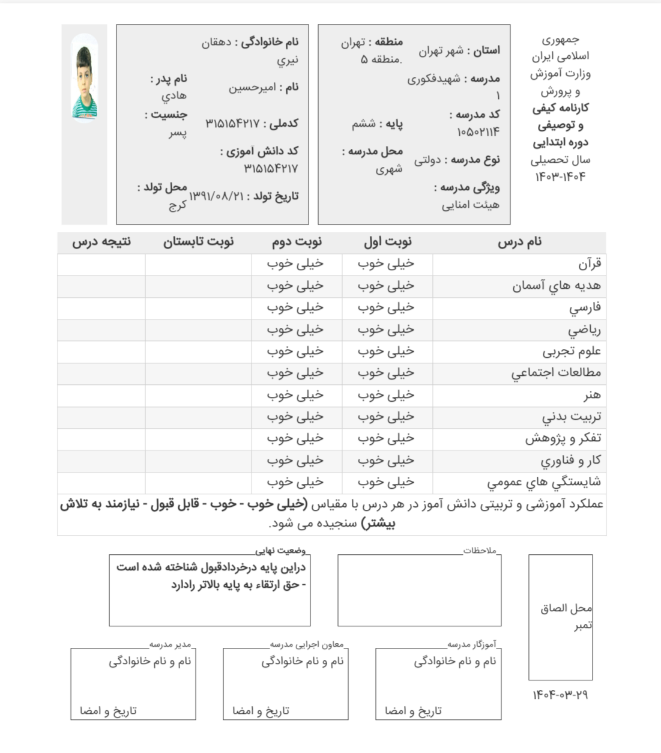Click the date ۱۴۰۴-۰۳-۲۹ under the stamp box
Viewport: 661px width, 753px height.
(x=560, y=695)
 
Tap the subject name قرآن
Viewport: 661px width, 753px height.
(x=590, y=264)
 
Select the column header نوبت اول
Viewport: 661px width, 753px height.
(x=387, y=242)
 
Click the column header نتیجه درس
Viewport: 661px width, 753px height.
(x=101, y=242)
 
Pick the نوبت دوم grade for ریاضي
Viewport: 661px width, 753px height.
(x=295, y=330)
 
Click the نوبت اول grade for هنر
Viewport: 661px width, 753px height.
(x=386, y=395)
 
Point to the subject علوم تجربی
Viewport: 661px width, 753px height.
(x=572, y=351)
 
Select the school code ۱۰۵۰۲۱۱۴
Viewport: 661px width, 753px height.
(x=478, y=132)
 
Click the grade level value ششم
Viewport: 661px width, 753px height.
(x=363, y=124)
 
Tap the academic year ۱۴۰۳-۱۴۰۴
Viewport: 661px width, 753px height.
(x=560, y=177)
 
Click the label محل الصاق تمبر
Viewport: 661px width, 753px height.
(x=566, y=616)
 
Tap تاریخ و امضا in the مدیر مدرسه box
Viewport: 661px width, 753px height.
(x=109, y=711)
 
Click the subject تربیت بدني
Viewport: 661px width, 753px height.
(x=571, y=417)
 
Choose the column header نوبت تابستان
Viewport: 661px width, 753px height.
(x=198, y=242)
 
